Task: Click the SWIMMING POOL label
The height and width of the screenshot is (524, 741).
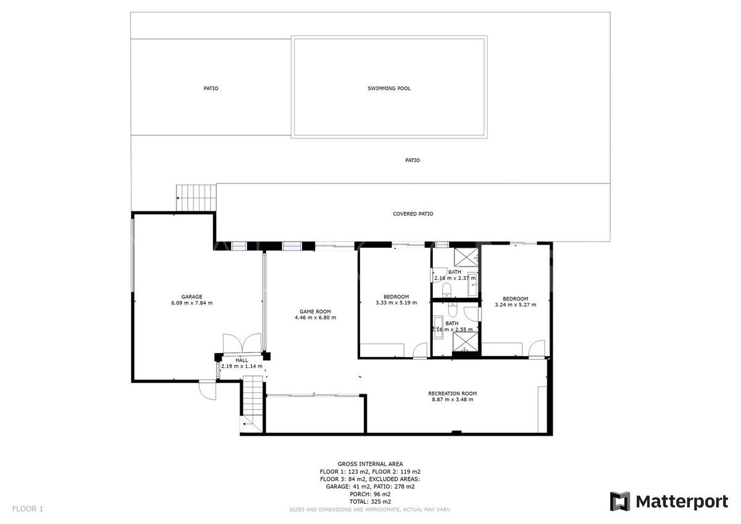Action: [389, 88]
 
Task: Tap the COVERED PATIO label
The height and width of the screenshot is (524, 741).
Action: [413, 214]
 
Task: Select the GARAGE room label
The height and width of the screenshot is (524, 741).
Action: [191, 297]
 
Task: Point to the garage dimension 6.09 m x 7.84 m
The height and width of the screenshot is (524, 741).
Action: [191, 303]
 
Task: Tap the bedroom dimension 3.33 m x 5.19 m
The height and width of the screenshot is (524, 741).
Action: [396, 303]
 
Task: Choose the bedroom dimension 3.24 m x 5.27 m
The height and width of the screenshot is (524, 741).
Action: [516, 304]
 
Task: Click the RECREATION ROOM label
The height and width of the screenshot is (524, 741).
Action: [453, 393]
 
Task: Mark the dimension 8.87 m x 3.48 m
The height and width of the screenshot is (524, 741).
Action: [453, 399]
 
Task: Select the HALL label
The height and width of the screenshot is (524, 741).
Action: [241, 360]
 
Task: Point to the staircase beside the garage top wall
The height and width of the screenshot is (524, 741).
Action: [197, 198]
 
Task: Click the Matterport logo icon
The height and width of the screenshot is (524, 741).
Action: [620, 501]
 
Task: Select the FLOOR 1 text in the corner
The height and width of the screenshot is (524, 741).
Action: [28, 509]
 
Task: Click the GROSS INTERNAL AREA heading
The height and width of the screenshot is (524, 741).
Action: [370, 463]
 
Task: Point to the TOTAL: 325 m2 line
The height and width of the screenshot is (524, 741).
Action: [370, 502]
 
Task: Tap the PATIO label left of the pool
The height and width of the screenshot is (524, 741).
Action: [211, 88]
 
